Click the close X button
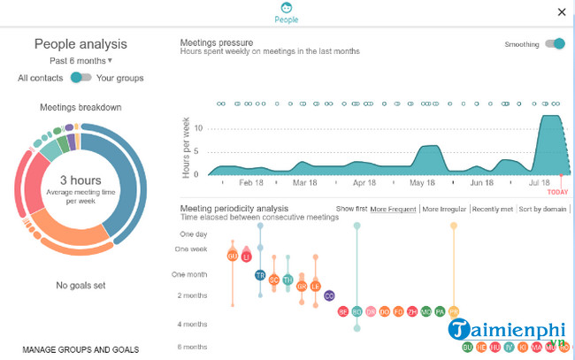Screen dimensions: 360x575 [x=561, y=11]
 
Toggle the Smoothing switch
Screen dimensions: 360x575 [x=555, y=44]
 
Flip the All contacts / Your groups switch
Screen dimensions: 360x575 [x=81, y=78]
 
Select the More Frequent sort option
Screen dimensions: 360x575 [x=393, y=209]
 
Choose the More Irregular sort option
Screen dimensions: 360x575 [x=445, y=209]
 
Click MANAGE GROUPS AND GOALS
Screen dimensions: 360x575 [x=80, y=349]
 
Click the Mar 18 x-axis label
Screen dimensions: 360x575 [x=304, y=183]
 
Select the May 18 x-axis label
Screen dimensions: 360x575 [x=422, y=183]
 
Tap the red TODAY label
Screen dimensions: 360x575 [x=557, y=192]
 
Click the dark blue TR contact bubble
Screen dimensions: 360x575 [x=260, y=275]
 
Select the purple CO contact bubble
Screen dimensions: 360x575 [x=329, y=295]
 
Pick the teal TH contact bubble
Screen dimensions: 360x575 [x=287, y=280]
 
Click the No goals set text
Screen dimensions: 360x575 [x=80, y=285]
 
